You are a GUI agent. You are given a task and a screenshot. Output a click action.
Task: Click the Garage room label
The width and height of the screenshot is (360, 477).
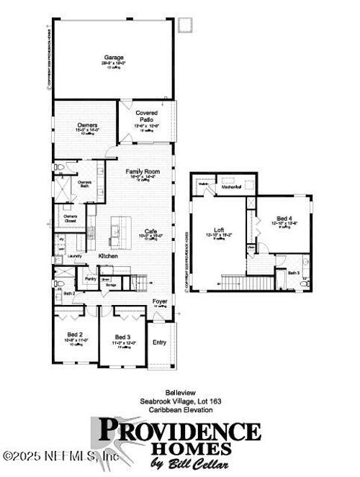pyautogui.click(x=113, y=57)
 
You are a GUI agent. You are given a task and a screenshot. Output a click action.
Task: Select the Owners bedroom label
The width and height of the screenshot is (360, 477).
pyautogui.click(x=87, y=125)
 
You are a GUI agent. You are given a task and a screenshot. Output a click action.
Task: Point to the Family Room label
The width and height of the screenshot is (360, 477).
pyautogui.click(x=142, y=171)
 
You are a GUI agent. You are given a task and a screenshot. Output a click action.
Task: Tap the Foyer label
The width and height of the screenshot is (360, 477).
pyautogui.click(x=159, y=301)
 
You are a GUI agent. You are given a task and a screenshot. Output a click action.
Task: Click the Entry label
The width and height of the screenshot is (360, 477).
pyautogui.click(x=159, y=342)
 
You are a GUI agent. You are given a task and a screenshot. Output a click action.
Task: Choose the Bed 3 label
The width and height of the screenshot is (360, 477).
pyautogui.click(x=123, y=337)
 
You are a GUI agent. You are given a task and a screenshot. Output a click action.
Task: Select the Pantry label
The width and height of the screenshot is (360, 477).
pyautogui.click(x=90, y=278)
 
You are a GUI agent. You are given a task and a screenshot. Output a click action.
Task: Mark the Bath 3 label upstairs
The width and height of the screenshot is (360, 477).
pyautogui.click(x=293, y=273)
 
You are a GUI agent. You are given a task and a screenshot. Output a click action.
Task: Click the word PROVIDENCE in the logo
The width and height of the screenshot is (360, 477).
pyautogui.click(x=179, y=431)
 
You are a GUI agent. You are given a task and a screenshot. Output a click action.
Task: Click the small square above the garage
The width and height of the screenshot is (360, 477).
pyautogui.click(x=184, y=24)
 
